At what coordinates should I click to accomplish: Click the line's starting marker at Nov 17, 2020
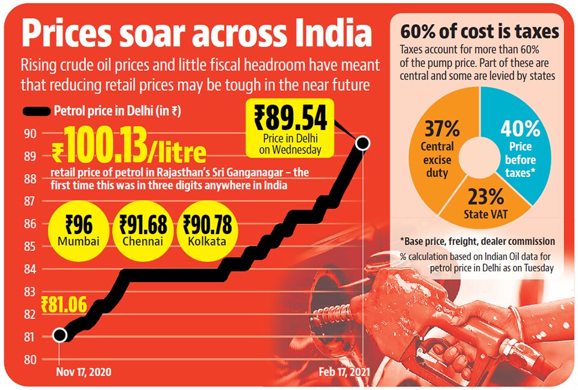click(60, 335)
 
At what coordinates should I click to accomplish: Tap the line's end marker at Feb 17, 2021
click(362, 143)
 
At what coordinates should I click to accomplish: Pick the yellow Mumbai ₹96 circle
click(78, 231)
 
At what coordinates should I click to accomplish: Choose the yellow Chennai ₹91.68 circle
click(143, 231)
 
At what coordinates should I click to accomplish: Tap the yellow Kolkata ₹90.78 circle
click(207, 231)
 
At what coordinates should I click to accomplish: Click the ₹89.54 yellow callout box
click(290, 128)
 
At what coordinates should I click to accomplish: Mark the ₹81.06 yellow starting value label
click(64, 305)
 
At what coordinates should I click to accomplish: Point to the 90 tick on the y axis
click(31, 134)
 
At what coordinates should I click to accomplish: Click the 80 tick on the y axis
click(31, 359)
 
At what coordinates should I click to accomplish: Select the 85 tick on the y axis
click(31, 246)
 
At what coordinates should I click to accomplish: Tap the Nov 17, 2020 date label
click(84, 371)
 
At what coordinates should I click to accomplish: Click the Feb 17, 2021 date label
click(344, 371)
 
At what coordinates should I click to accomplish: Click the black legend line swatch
click(37, 111)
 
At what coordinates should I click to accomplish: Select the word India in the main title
click(334, 33)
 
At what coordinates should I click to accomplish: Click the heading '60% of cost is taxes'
click(480, 31)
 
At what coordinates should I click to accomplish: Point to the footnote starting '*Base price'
click(477, 241)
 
